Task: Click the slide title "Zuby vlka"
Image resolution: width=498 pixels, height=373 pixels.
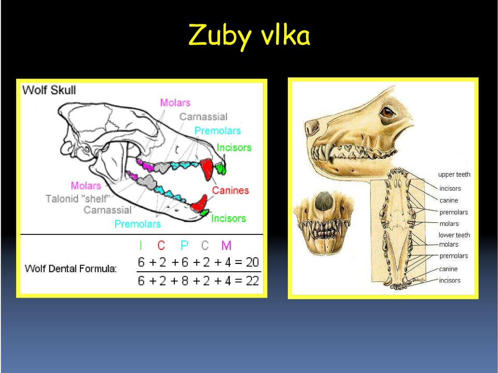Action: (250, 36)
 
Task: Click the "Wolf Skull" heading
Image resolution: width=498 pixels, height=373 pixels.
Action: (49, 90)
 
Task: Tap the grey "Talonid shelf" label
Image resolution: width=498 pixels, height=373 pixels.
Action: (78, 199)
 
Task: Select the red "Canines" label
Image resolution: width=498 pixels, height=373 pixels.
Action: (230, 190)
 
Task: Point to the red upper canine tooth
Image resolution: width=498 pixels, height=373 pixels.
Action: (207, 168)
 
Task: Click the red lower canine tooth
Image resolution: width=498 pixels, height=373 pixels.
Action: (199, 204)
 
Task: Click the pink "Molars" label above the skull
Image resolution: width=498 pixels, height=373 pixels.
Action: (175, 103)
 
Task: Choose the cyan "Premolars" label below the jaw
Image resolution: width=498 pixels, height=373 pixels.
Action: (137, 224)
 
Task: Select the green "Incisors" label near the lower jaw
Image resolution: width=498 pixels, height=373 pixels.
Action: (228, 219)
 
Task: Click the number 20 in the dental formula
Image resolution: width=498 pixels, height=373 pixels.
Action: (252, 262)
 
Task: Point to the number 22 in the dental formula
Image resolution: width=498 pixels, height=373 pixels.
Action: (252, 281)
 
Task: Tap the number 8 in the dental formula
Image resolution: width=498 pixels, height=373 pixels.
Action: (185, 281)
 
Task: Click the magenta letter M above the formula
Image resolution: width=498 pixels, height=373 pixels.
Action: (226, 246)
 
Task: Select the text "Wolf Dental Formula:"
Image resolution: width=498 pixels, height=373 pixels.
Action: (71, 269)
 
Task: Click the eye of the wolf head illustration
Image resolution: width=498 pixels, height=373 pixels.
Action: (388, 112)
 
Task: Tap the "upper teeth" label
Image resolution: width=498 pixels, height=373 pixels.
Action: (454, 175)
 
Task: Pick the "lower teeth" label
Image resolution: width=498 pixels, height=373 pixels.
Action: (454, 235)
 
